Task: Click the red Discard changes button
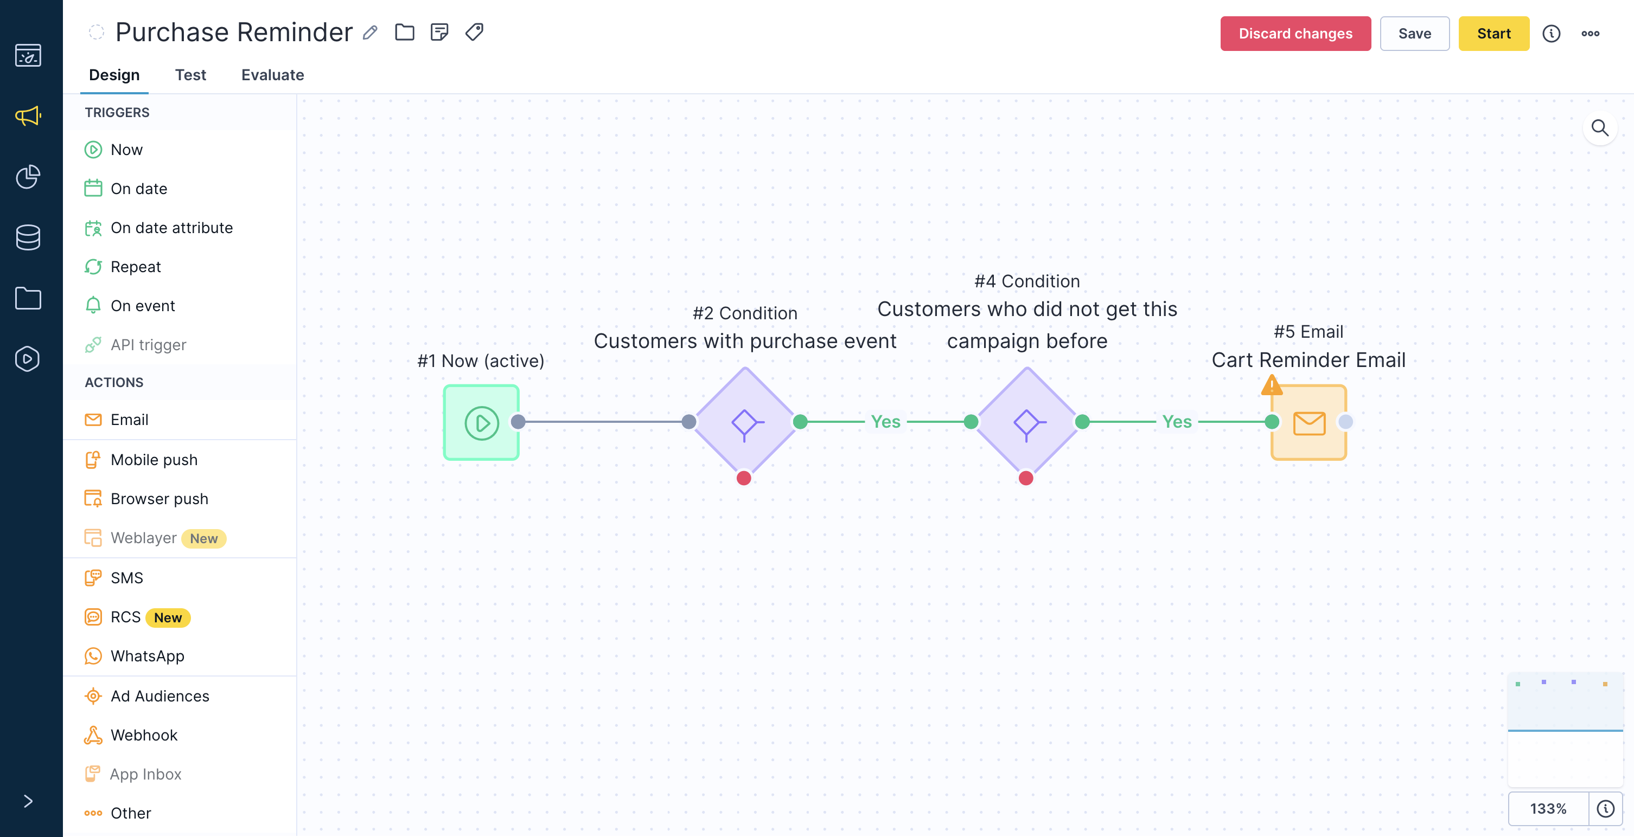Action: [x=1295, y=34]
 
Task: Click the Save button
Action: [x=1414, y=34]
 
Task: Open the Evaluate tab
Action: [x=273, y=75]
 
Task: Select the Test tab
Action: [x=190, y=75]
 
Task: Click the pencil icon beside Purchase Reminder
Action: [x=371, y=33]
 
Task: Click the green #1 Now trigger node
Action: [x=481, y=422]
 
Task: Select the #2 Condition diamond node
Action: [x=745, y=422]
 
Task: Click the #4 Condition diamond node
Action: [x=1026, y=422]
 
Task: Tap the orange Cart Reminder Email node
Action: [x=1309, y=422]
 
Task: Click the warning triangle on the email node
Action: [x=1272, y=385]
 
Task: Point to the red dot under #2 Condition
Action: [x=744, y=478]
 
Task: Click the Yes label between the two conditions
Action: [x=885, y=422]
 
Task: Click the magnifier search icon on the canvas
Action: [x=1600, y=128]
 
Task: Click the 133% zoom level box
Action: [x=1548, y=808]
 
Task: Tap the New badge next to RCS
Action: [x=168, y=617]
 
